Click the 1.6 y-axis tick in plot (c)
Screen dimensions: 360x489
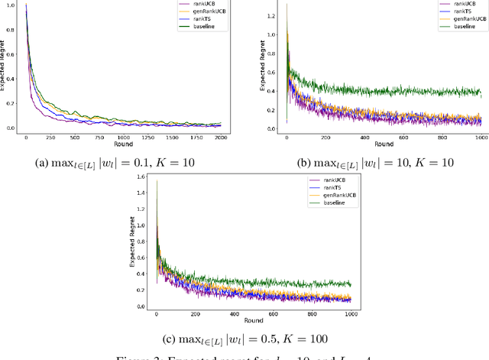click(x=140, y=177)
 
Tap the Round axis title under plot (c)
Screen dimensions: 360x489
click(x=253, y=320)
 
